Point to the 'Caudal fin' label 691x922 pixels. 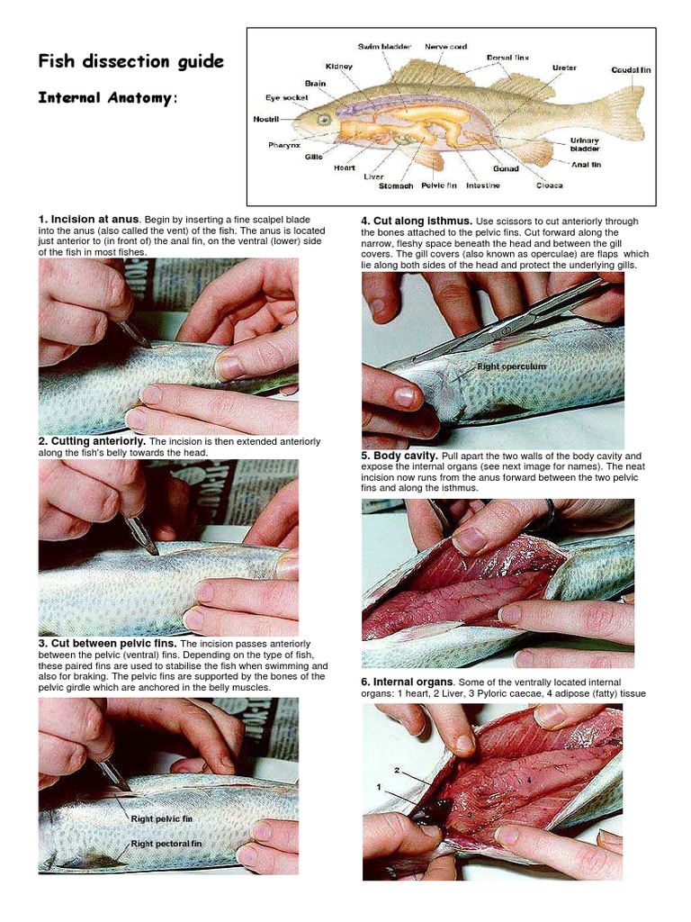pyautogui.click(x=629, y=70)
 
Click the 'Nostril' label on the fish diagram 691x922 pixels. pyautogui.click(x=267, y=118)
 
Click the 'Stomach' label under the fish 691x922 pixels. pyautogui.click(x=395, y=186)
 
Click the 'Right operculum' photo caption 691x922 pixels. pyautogui.click(x=511, y=367)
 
